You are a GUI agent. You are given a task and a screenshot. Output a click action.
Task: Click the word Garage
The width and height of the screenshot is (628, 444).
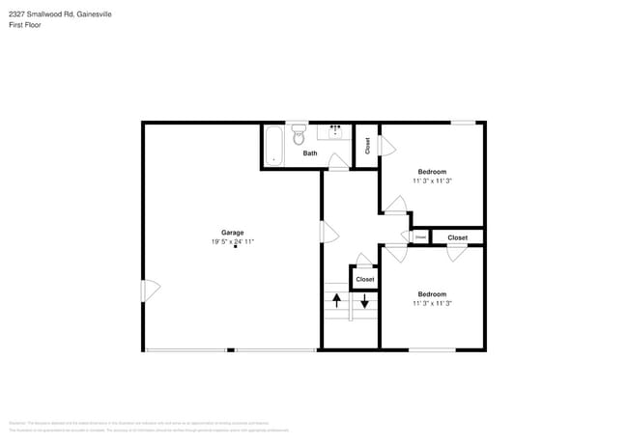coord(232,233)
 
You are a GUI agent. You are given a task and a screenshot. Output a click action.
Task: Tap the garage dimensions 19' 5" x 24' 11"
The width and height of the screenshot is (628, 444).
coord(232,241)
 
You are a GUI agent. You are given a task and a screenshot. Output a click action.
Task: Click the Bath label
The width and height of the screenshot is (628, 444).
coord(309,153)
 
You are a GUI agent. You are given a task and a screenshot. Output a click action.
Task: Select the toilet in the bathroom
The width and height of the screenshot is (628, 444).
coord(298,137)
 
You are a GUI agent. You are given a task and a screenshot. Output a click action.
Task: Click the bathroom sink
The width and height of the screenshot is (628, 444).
coord(337,132)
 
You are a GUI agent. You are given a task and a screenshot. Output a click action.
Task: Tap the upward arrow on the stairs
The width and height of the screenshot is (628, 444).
coord(336,301)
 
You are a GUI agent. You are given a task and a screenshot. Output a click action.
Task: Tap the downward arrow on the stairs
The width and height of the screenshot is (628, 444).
coord(364,301)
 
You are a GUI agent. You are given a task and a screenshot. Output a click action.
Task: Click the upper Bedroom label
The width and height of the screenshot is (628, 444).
coord(432,172)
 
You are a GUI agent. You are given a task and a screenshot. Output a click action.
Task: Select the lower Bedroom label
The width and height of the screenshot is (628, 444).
coord(432,294)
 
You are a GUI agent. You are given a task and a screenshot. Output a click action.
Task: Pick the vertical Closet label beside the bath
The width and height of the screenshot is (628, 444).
coord(367,145)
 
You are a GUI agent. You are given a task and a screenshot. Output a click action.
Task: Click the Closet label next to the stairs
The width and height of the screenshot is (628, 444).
coord(364,279)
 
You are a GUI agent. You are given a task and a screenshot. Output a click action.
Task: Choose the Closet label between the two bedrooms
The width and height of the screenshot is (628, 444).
coord(457,237)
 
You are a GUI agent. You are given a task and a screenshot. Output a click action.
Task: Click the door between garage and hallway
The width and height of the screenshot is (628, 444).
coord(328,232)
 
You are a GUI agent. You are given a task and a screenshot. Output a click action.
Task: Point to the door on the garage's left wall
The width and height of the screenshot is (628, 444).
coord(151,290)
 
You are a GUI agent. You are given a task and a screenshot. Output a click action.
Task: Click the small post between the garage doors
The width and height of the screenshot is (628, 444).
coord(230,349)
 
